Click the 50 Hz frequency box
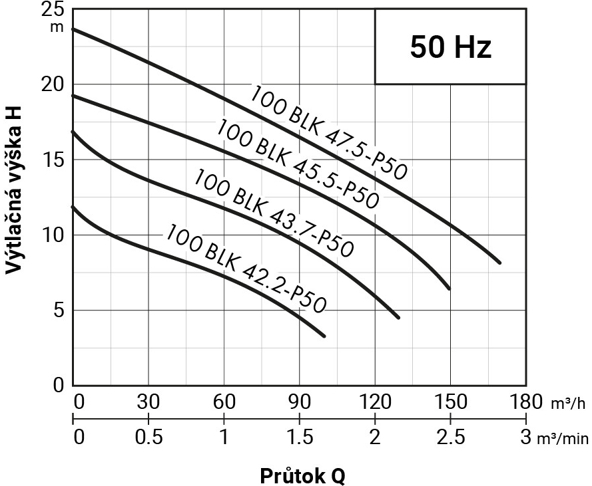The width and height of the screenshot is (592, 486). tap(451, 47)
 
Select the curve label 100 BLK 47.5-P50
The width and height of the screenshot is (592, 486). tap(328, 133)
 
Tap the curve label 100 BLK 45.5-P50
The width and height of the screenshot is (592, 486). tap(298, 164)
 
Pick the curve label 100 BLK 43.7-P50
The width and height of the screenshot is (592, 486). tap(273, 213)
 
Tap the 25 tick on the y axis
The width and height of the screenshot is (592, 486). tap(53, 10)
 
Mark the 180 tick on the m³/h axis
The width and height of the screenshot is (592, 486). tap(525, 402)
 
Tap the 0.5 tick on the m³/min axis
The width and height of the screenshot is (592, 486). tap(148, 437)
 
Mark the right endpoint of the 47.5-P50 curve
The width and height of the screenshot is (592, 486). tap(499, 263)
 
